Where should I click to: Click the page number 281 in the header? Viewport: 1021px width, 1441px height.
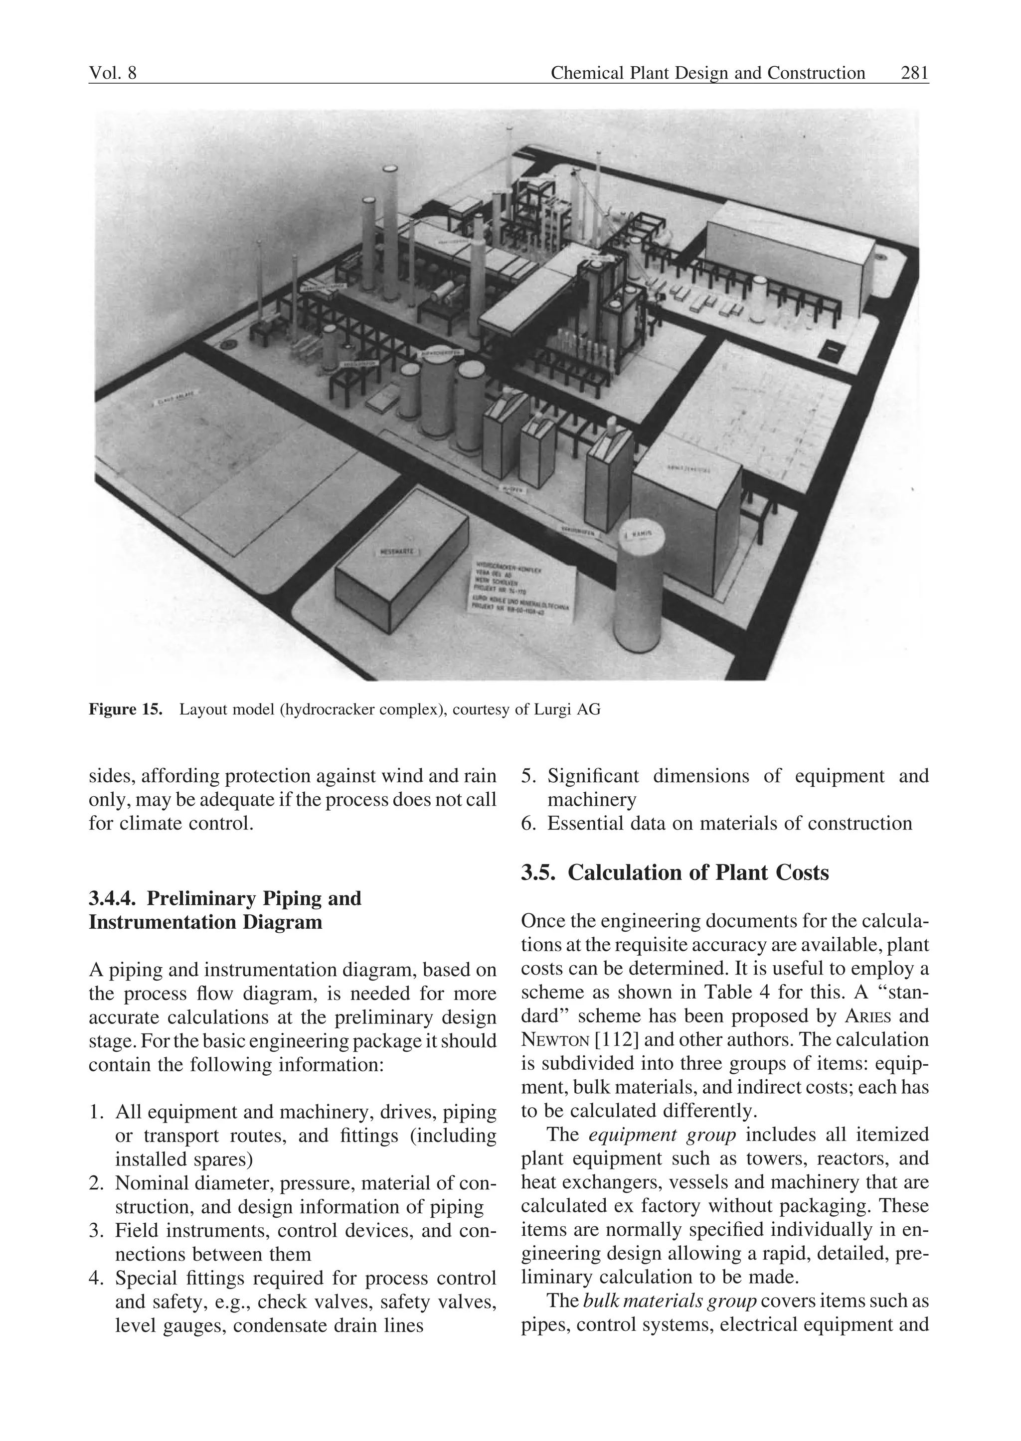click(x=914, y=74)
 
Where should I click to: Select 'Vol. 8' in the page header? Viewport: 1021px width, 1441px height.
click(x=113, y=74)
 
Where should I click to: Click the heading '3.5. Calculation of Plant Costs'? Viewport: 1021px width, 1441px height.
click(x=675, y=873)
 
